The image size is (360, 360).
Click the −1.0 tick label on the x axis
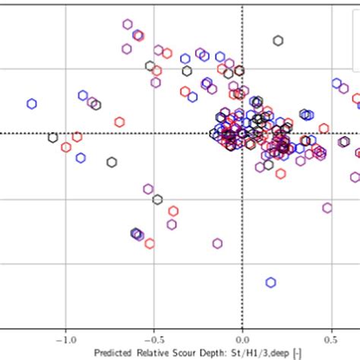[x=66, y=340]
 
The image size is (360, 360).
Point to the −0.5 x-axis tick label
[x=154, y=340]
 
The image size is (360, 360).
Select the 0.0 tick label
[x=243, y=340]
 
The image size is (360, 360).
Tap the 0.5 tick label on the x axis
[x=331, y=340]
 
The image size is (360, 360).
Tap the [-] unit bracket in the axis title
[x=297, y=353]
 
